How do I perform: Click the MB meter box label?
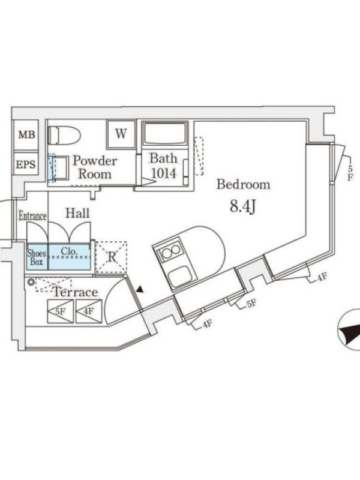[x=26, y=134]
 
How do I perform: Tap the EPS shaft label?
[x=26, y=164]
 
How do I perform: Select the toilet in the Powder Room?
[x=64, y=135]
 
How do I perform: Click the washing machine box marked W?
[x=121, y=134]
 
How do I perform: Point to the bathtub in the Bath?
[x=166, y=133]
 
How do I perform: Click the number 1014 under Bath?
[x=164, y=173]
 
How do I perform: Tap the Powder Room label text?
[x=95, y=167]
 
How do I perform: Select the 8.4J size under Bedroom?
[x=243, y=206]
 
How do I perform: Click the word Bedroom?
[x=244, y=184]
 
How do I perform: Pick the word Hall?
[x=77, y=213]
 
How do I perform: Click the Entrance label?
[x=32, y=216]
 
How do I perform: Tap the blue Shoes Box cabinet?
[x=37, y=257]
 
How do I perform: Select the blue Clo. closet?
[x=70, y=257]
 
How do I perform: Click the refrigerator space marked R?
[x=112, y=257]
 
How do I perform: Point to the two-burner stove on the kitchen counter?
[x=171, y=251]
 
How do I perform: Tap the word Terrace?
[x=76, y=292]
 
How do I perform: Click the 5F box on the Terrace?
[x=61, y=311]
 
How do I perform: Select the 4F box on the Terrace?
[x=89, y=311]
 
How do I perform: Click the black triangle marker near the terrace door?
[x=140, y=289]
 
